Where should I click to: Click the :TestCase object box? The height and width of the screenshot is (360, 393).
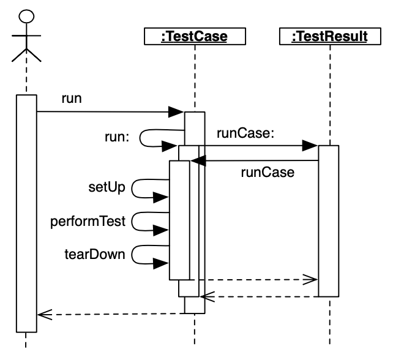point(193,37)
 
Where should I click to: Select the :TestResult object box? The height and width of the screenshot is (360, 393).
point(329,37)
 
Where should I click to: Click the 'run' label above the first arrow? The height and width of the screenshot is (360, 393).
point(72,99)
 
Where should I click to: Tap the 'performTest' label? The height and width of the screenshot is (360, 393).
point(88,222)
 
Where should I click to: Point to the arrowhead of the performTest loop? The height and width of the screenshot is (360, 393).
point(162,230)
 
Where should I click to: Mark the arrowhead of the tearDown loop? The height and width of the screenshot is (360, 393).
point(162,263)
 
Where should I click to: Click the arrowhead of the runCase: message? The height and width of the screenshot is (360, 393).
point(311,146)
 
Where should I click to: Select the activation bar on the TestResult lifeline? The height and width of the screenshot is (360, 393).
point(329,220)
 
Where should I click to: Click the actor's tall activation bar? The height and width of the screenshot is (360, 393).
point(26,214)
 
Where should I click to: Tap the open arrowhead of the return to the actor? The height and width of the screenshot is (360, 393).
point(42,315)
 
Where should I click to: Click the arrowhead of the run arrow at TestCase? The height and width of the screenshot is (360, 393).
point(177,112)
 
